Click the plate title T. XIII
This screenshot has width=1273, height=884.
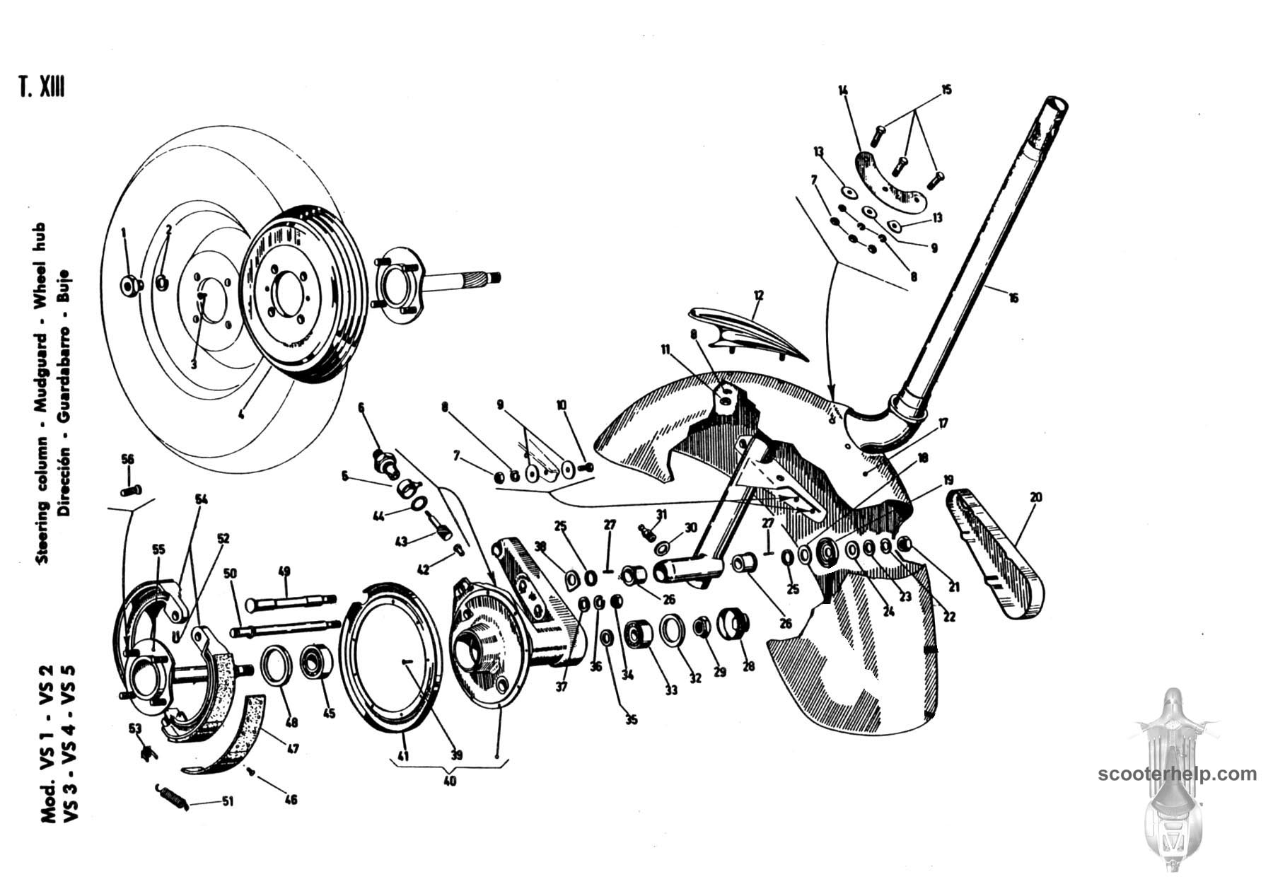[42, 88]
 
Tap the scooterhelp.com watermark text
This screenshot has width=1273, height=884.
[1177, 774]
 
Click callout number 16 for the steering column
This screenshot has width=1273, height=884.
[1013, 298]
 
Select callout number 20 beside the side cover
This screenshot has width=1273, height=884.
[1036, 497]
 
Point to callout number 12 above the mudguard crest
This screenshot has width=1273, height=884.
[758, 295]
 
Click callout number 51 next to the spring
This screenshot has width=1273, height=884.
[228, 801]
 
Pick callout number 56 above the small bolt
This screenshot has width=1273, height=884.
[127, 459]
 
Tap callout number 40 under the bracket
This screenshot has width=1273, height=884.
[450, 781]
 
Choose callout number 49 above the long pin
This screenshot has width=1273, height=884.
[284, 571]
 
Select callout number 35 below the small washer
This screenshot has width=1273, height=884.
[631, 720]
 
